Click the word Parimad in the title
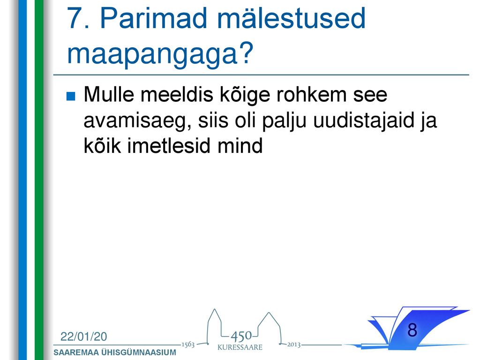(154, 18)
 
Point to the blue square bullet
(71, 96)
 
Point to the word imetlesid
(169, 145)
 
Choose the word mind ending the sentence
(240, 145)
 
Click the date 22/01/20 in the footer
(83, 337)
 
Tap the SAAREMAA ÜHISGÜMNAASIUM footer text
(115, 352)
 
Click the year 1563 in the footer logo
(188, 345)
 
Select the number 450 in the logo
(241, 336)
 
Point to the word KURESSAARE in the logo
(240, 347)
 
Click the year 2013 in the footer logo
(294, 345)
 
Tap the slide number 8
(412, 330)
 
